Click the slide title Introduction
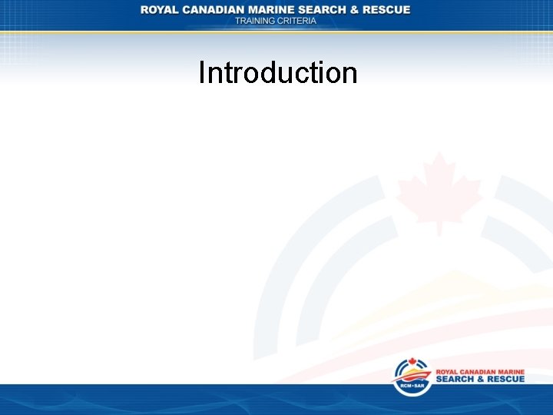click(x=278, y=73)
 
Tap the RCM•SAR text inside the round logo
click(x=412, y=386)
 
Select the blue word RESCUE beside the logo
click(x=508, y=380)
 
